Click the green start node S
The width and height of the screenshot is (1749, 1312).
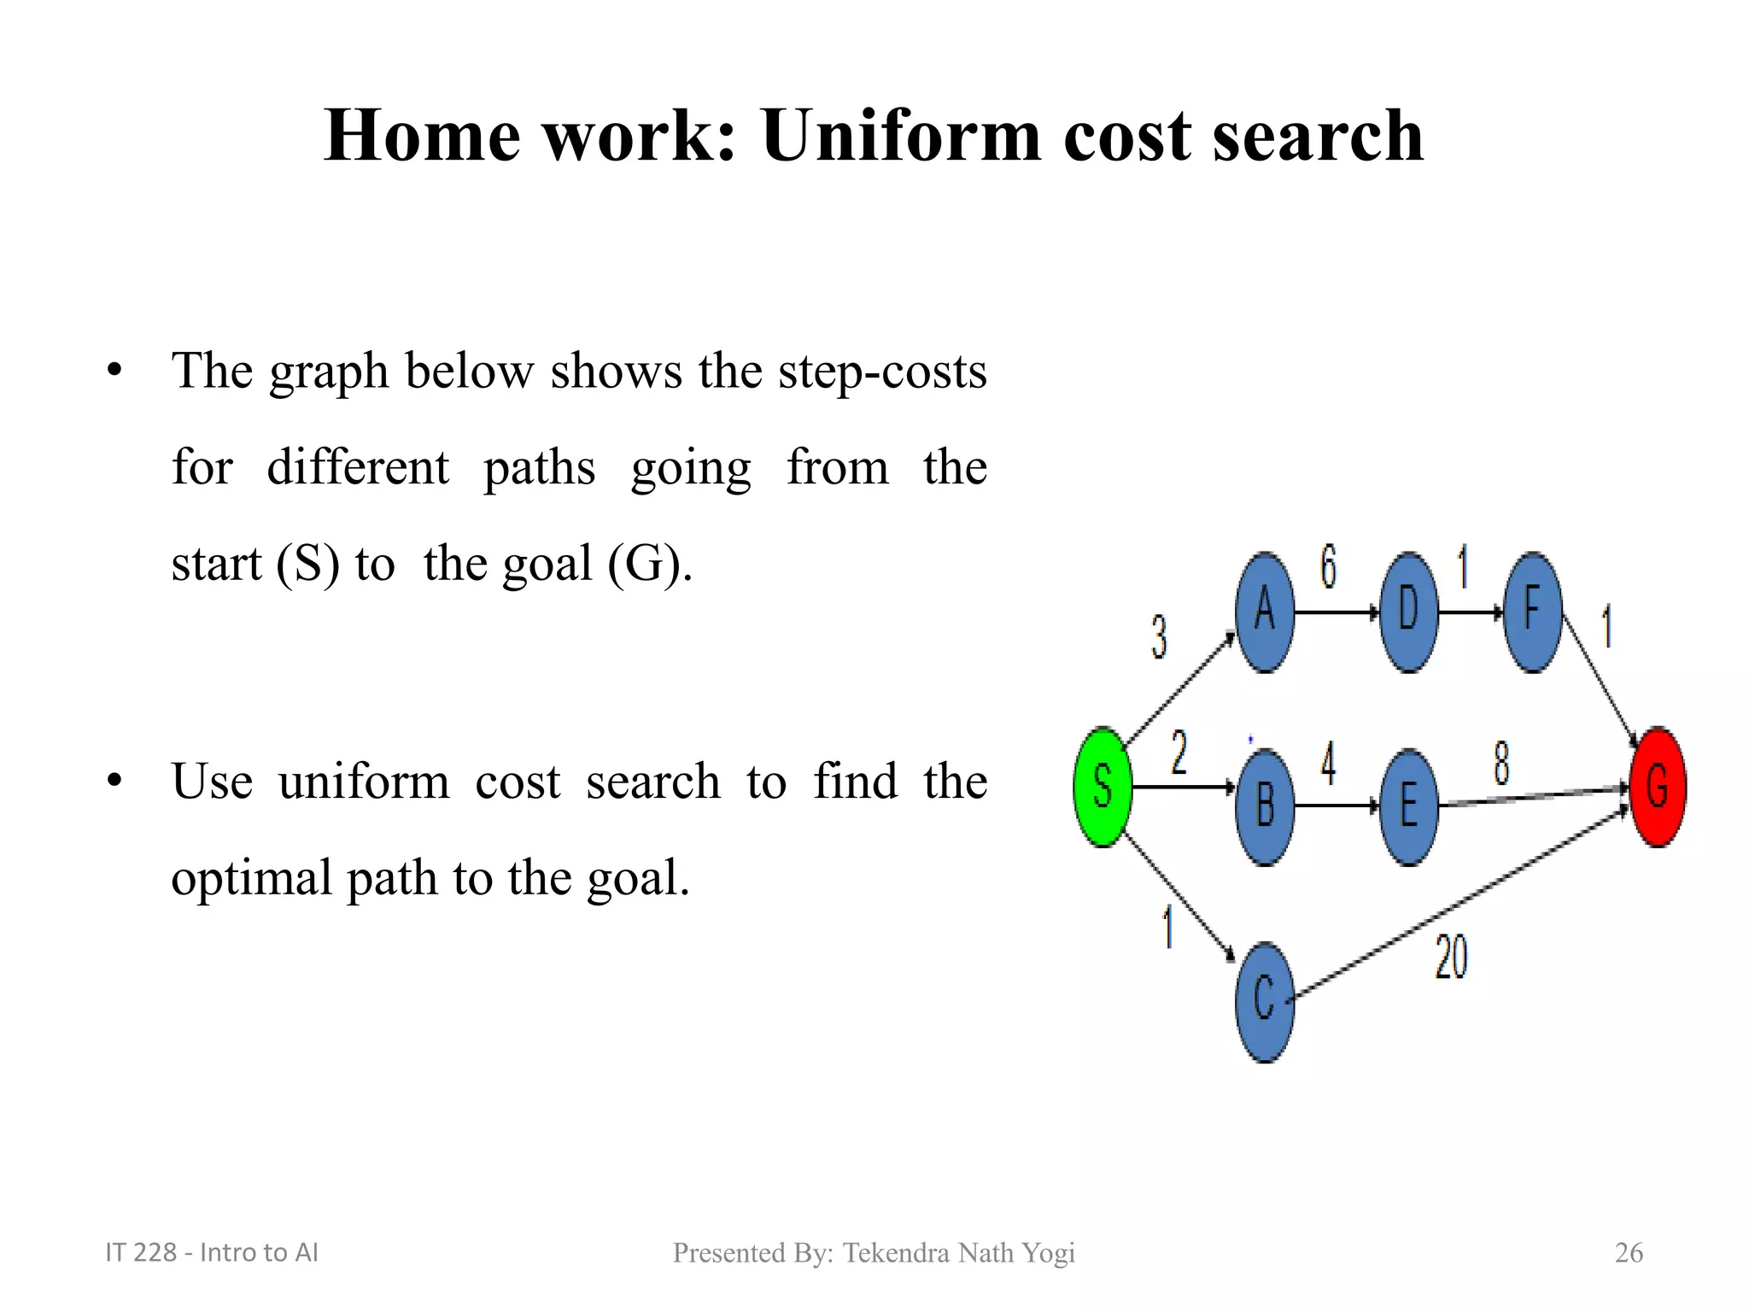click(1103, 787)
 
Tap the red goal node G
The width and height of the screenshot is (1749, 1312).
click(1658, 787)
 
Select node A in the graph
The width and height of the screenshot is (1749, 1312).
click(1265, 612)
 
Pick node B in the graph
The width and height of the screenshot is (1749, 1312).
click(1265, 806)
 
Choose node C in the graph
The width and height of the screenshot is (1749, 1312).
click(1265, 1001)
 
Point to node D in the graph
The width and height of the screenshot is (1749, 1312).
click(1408, 612)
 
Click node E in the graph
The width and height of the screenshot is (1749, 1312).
click(1408, 806)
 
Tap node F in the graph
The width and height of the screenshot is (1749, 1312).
click(1533, 612)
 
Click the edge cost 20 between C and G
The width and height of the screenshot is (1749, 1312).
click(1451, 958)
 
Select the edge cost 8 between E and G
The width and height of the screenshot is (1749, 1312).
click(1501, 763)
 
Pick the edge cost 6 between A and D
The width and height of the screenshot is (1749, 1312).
click(1328, 566)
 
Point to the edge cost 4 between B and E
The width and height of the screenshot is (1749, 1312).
click(1328, 763)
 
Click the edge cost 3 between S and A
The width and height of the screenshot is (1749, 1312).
click(1159, 637)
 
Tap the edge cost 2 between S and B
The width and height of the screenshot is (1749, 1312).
click(1179, 753)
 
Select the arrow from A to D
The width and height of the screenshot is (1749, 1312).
click(1337, 612)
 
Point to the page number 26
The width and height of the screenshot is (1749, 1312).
click(1629, 1252)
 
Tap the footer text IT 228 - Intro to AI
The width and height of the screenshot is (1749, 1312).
click(211, 1252)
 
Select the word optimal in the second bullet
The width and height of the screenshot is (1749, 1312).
click(251, 878)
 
